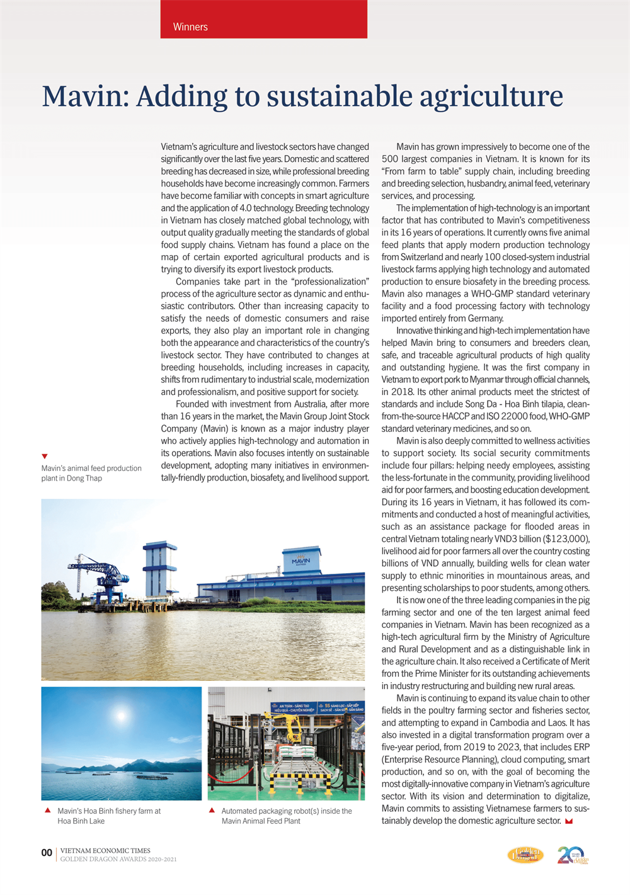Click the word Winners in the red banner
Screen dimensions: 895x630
(190, 27)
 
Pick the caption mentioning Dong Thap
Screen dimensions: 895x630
(91, 473)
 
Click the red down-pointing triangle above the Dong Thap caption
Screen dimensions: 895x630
(45, 456)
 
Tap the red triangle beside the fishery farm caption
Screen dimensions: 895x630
(47, 811)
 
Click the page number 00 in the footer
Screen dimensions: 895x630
(47, 853)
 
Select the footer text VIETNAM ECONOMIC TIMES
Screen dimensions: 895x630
(105, 850)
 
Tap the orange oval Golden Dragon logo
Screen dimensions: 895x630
(525, 855)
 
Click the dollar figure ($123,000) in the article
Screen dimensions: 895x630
(558, 539)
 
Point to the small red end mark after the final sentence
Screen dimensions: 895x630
(570, 821)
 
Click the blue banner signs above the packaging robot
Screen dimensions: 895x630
(318, 707)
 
